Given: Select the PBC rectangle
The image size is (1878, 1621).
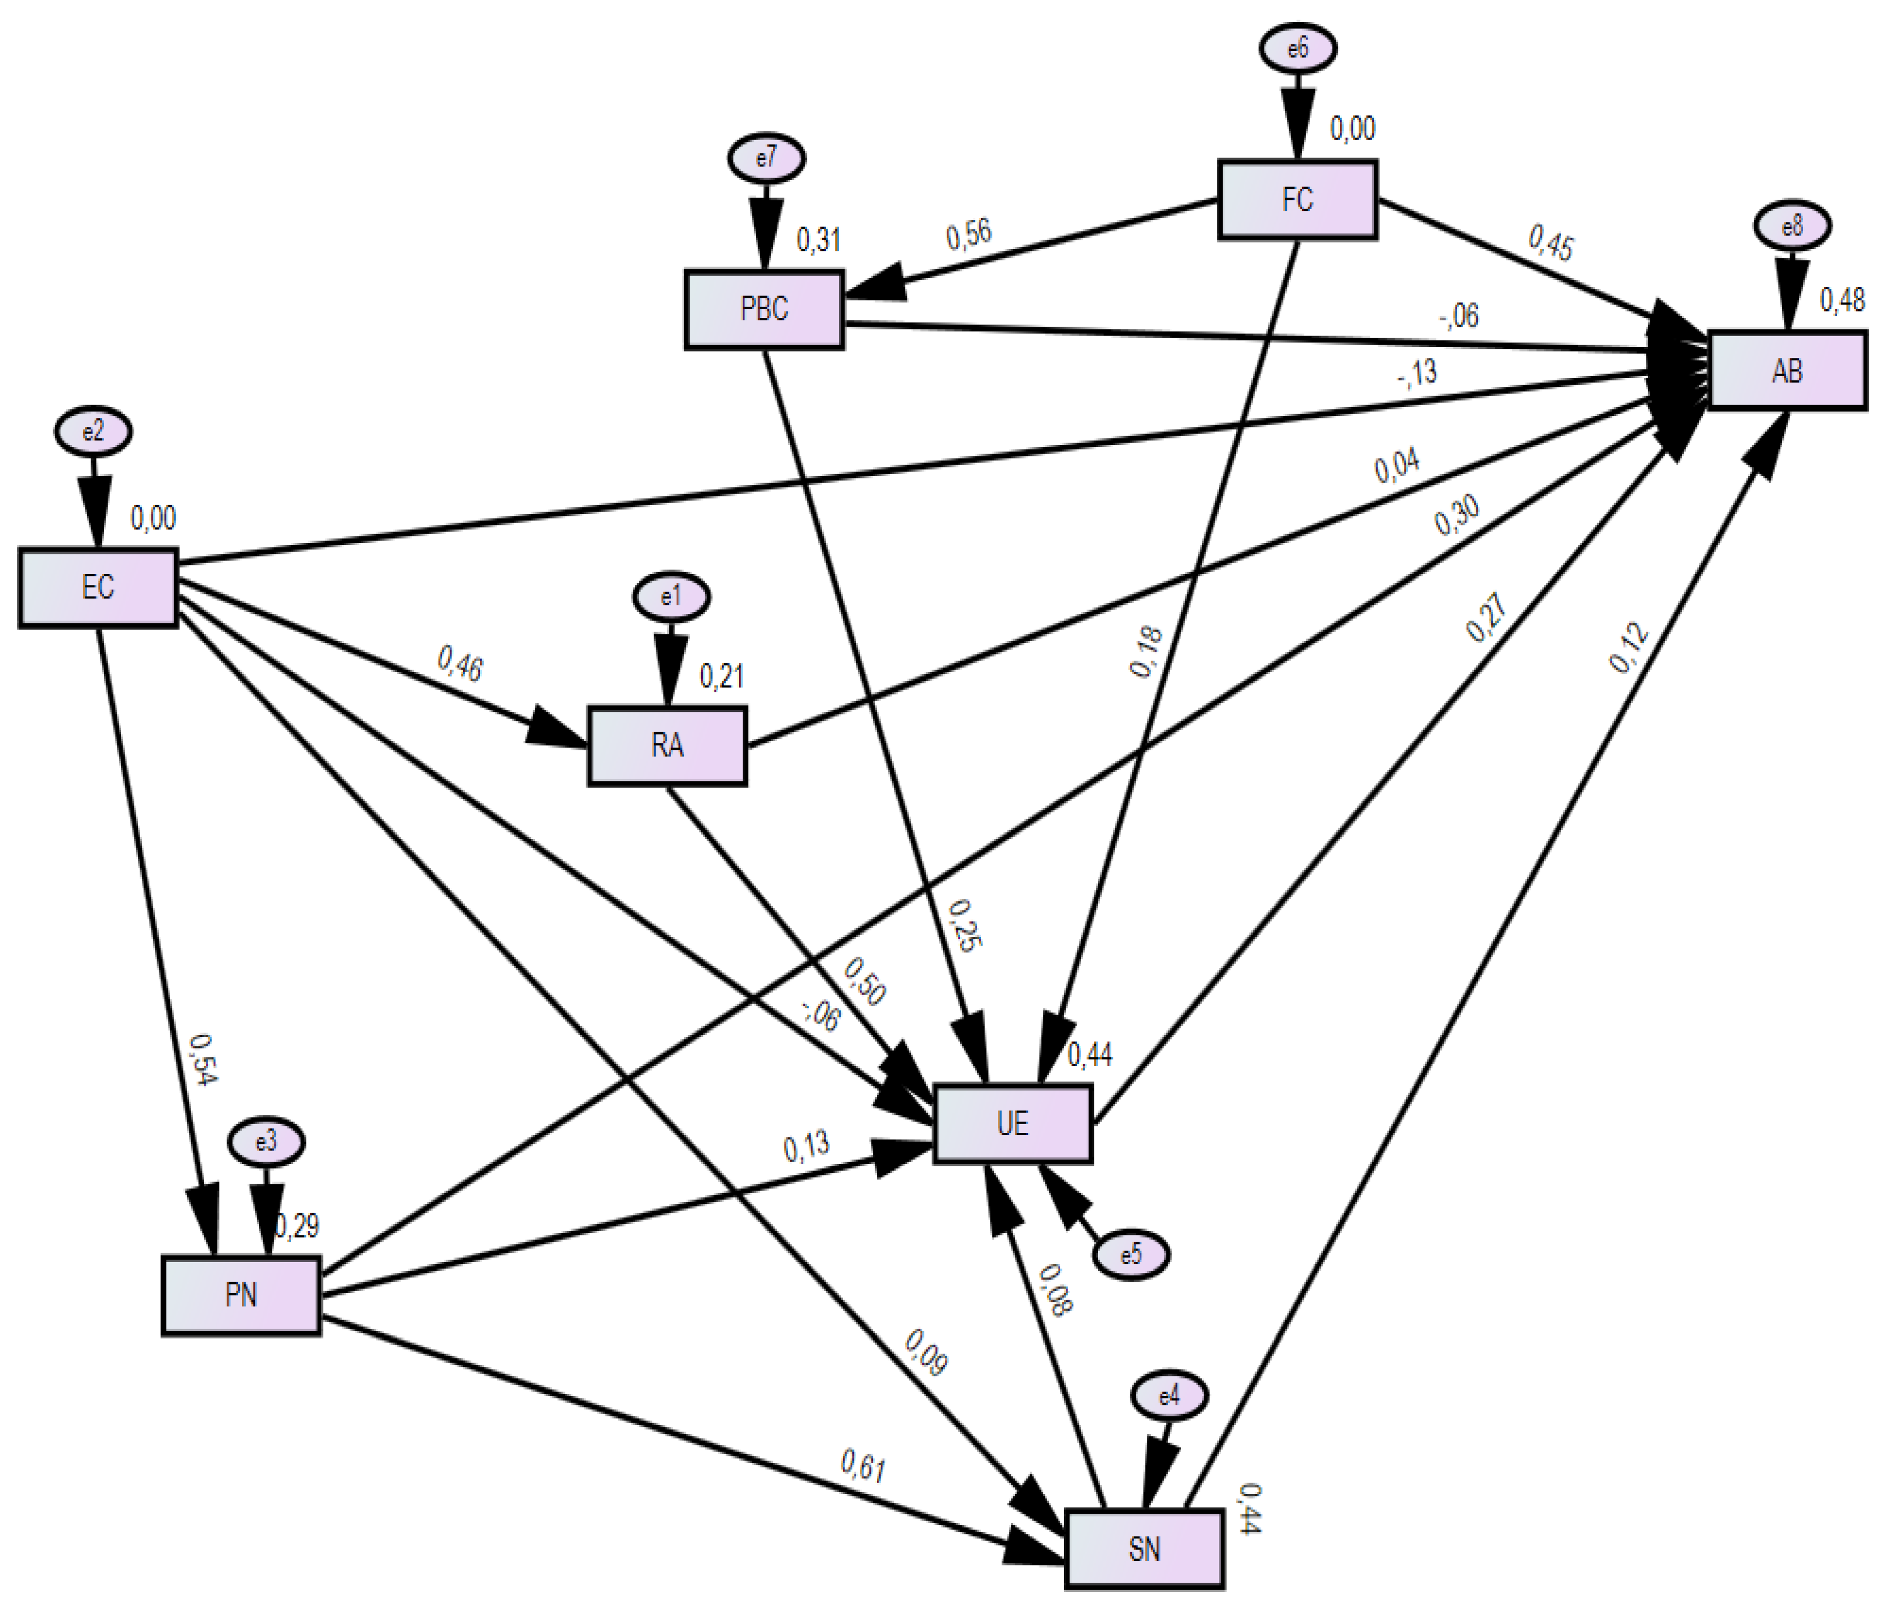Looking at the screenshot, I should click(x=764, y=310).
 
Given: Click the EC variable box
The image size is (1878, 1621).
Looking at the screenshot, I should click(x=98, y=587).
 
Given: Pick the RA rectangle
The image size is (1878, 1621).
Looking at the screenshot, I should click(x=667, y=746).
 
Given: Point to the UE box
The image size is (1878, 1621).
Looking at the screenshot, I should click(x=1013, y=1124).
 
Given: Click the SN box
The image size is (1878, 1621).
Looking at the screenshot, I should click(x=1144, y=1549).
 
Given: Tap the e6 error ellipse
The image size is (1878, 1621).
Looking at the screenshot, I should click(x=1298, y=49).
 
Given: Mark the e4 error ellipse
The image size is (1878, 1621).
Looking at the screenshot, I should click(x=1169, y=1396).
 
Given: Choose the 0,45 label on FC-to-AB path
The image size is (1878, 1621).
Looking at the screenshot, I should click(x=1551, y=243).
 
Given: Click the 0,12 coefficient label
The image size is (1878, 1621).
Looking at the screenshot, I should click(x=1629, y=649).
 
